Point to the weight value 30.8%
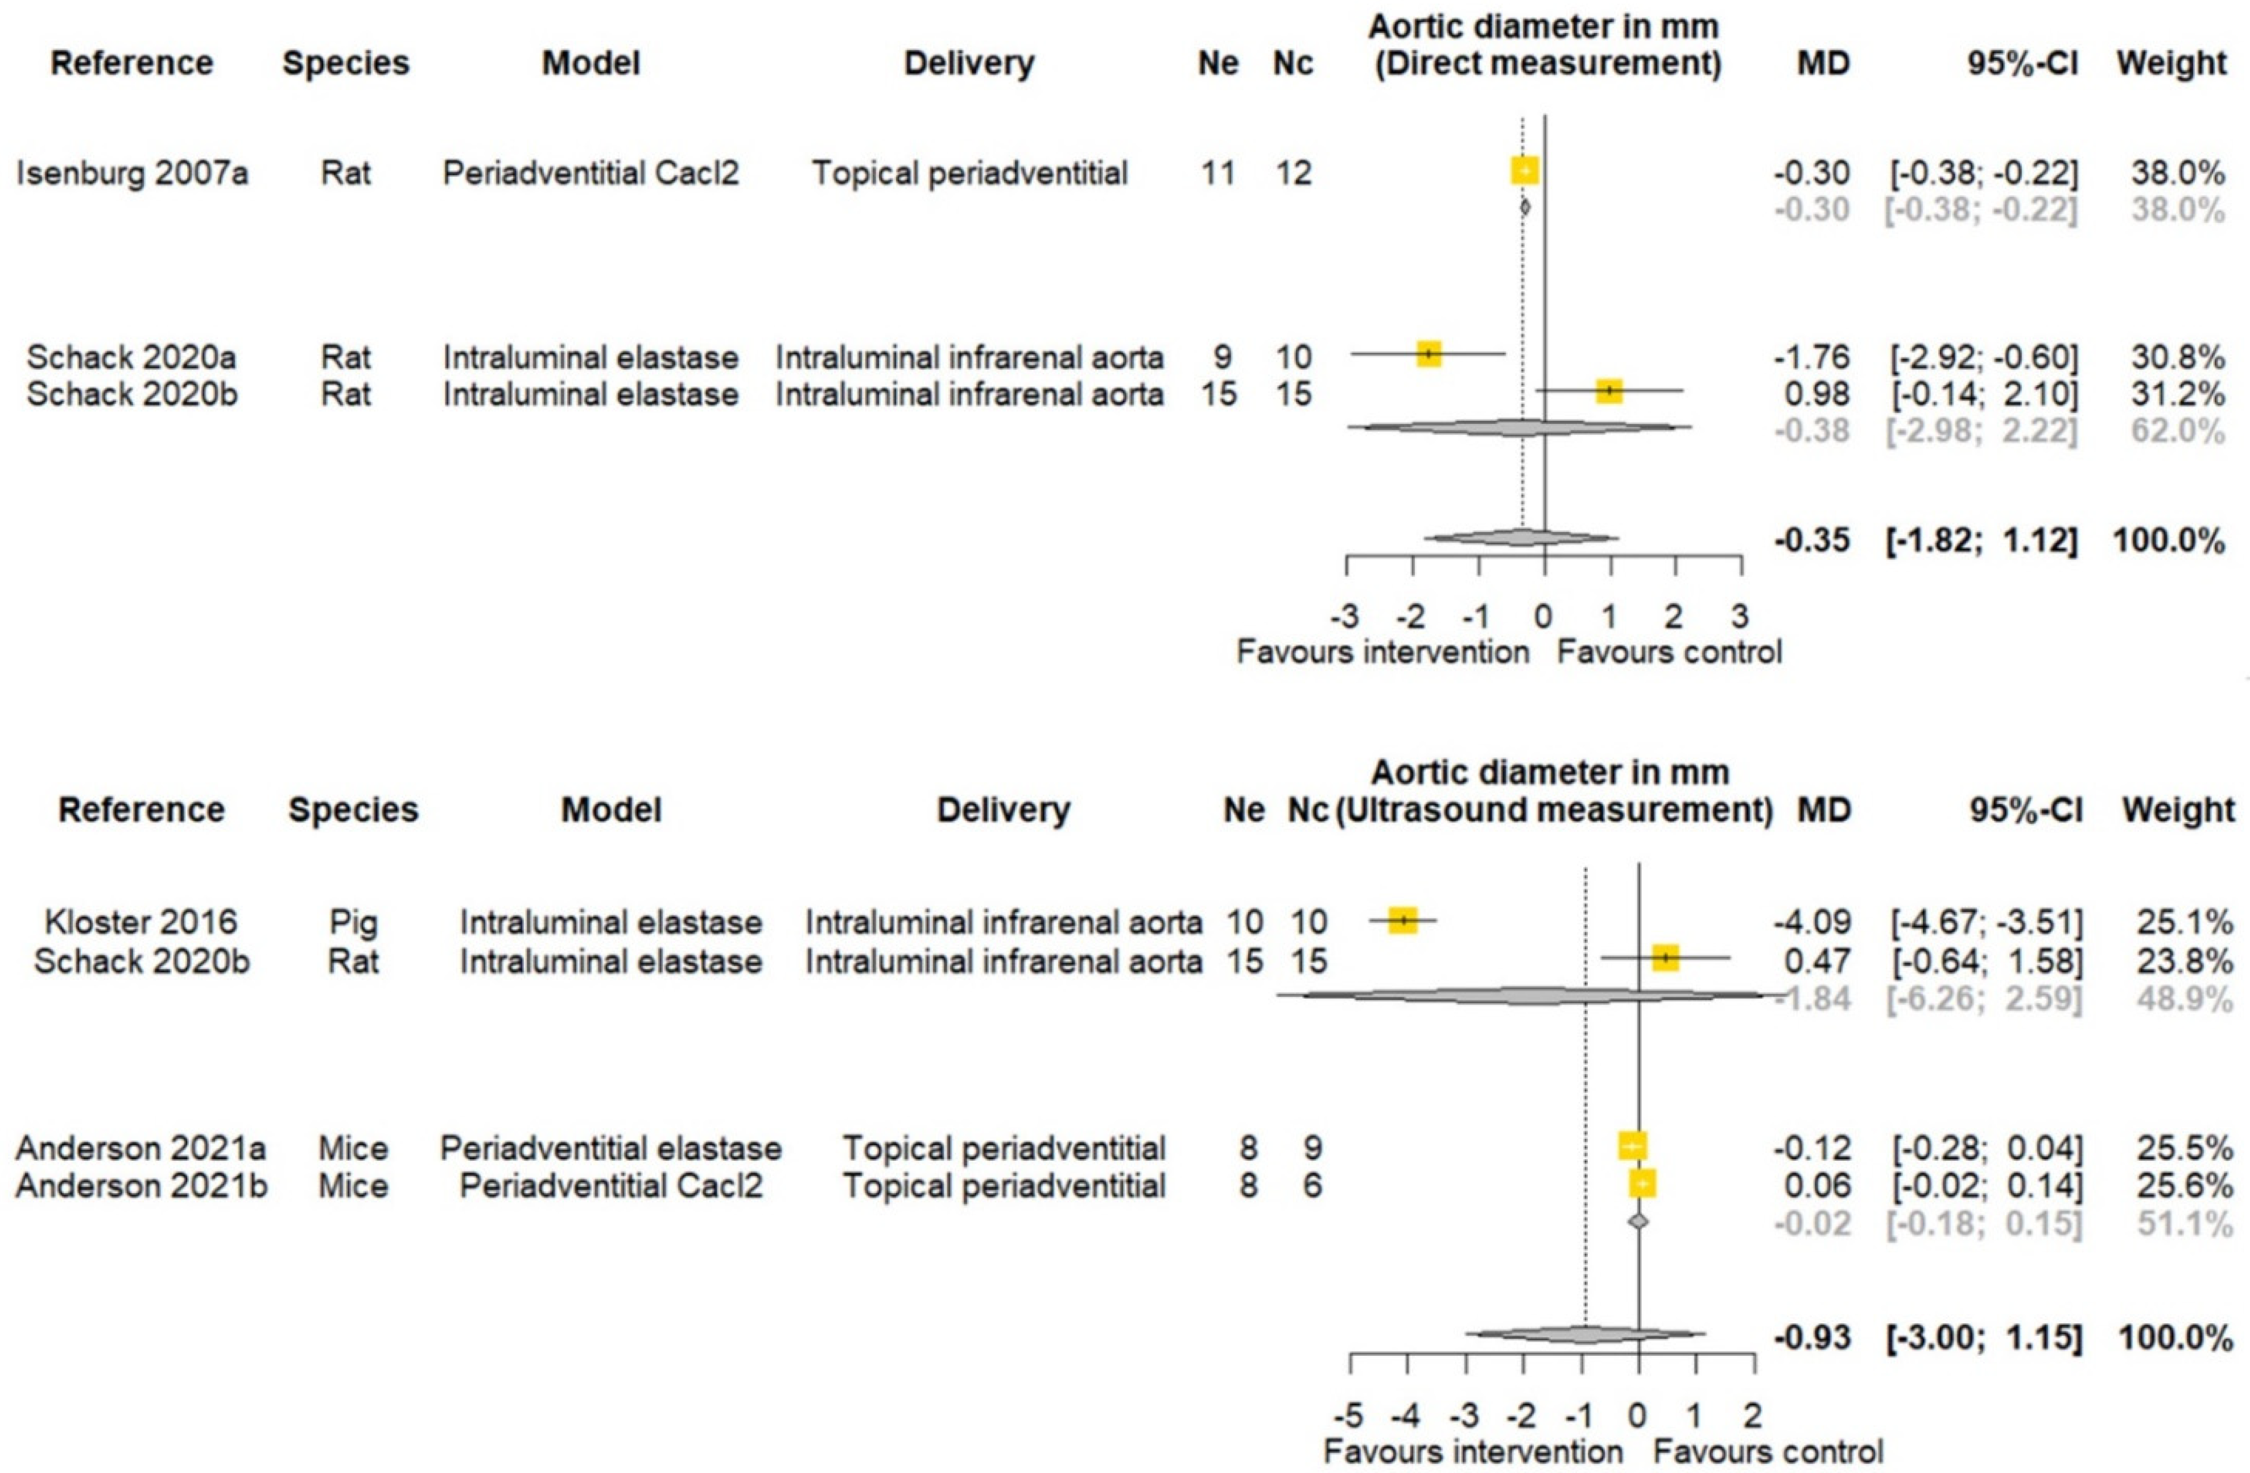[2185, 357]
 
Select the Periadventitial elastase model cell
[611, 1149]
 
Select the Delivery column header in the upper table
[969, 63]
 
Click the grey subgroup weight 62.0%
[2185, 431]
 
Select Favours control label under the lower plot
[1768, 1451]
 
